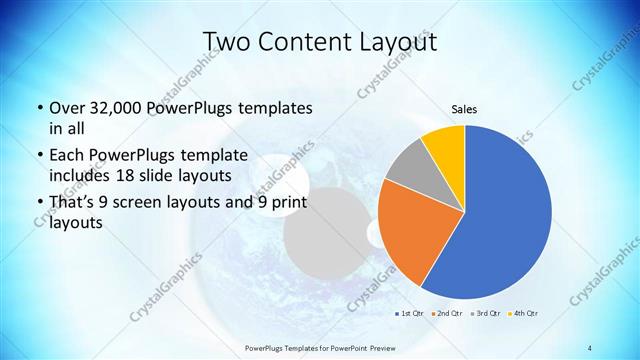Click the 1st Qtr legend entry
pos(409,314)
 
